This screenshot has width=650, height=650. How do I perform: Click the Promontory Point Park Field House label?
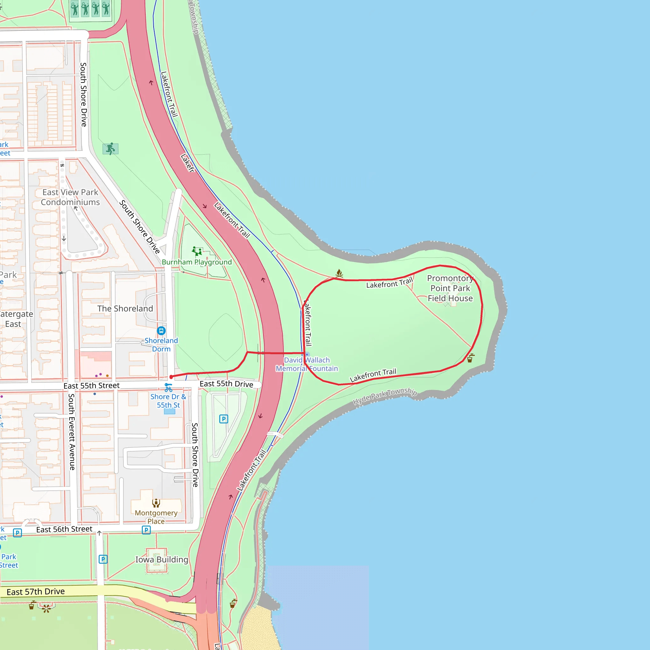coord(450,288)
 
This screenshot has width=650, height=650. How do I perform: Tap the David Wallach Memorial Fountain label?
coord(307,364)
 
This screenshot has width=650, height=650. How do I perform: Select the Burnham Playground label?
coord(197,262)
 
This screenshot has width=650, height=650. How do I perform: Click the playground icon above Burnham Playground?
coord(197,251)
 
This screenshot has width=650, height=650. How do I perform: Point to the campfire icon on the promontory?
coord(339,273)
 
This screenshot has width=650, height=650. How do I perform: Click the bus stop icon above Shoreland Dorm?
coord(161,331)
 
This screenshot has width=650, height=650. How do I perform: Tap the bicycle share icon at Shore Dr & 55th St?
coord(168,388)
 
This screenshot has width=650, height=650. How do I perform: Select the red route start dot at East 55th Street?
coord(171,377)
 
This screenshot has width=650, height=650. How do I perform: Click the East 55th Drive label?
coord(226,384)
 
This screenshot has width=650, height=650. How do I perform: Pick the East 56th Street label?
coord(64,529)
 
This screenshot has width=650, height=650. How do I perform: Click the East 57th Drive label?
coord(36,592)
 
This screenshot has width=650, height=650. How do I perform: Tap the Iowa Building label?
coord(162,560)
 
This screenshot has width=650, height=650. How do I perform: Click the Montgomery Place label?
coord(156,517)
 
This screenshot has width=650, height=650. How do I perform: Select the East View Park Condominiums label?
coord(70,197)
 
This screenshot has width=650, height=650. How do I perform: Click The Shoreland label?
coord(125,308)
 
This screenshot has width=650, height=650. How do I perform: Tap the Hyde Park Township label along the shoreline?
coord(385,396)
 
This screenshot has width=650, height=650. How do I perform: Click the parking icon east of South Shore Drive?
coord(224,419)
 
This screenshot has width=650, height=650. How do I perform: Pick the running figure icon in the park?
coord(110,149)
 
